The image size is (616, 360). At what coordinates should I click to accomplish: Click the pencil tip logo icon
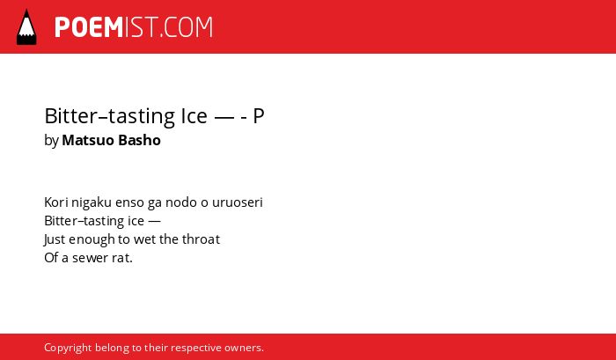(26, 27)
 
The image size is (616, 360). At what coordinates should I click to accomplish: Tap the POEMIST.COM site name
(134, 27)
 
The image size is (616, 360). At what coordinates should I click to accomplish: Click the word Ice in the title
(194, 116)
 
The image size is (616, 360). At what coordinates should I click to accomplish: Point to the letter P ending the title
(259, 116)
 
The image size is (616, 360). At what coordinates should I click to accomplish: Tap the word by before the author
(51, 141)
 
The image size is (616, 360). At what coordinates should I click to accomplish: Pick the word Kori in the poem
(56, 202)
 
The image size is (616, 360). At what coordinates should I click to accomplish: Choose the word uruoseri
(238, 202)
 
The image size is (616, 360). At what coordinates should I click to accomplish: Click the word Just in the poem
(52, 239)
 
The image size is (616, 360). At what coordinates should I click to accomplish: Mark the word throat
(201, 239)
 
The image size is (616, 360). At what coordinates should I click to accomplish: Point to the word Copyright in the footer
(68, 349)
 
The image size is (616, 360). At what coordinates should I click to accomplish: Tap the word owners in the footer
(242, 349)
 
